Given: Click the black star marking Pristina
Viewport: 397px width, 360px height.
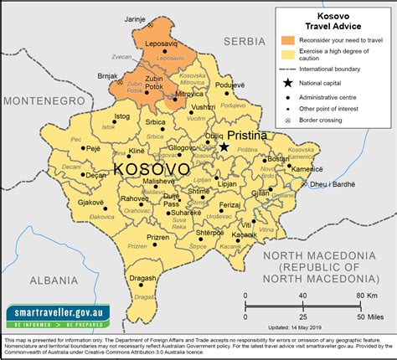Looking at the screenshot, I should [224, 147].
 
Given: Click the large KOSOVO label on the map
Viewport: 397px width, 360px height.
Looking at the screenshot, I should [151, 170].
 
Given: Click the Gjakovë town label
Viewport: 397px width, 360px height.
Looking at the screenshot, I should [92, 203].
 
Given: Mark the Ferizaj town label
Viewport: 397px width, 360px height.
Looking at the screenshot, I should [229, 205].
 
